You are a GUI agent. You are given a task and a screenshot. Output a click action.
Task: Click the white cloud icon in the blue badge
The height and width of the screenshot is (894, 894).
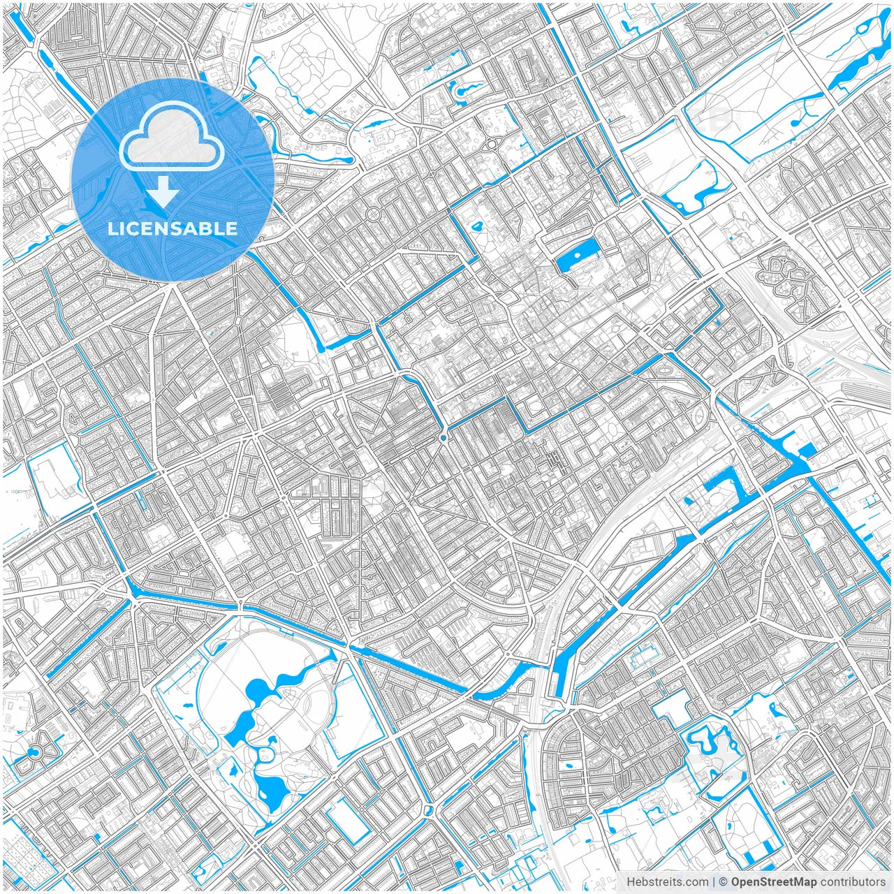[172, 140]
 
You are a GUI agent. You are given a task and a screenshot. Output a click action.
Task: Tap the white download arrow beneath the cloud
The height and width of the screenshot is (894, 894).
[163, 192]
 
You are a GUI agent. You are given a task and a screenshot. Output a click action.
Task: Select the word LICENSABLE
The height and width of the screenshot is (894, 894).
[173, 228]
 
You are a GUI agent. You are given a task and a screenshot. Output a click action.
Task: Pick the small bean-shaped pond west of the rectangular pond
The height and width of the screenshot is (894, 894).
[478, 227]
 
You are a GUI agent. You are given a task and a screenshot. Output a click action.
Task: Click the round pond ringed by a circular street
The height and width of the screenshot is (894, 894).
[34, 753]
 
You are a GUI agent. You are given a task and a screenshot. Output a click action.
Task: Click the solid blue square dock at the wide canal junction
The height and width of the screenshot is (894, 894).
[807, 450]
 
